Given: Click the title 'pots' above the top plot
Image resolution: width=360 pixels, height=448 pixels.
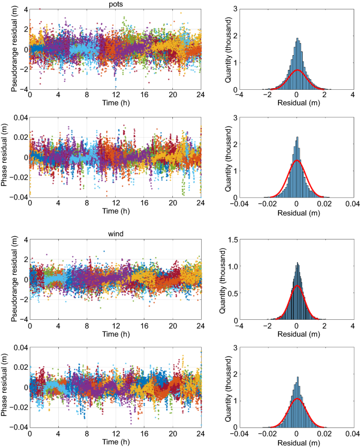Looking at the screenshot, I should (116, 4).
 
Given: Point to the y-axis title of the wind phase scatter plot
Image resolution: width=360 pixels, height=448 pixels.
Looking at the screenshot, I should (5, 387).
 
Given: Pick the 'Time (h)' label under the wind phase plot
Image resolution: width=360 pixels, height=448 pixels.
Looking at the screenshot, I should (116, 442).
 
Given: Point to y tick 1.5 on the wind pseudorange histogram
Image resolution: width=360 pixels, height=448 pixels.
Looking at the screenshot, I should (232, 239).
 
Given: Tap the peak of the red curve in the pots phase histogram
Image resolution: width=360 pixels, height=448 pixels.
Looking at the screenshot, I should (297, 160).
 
